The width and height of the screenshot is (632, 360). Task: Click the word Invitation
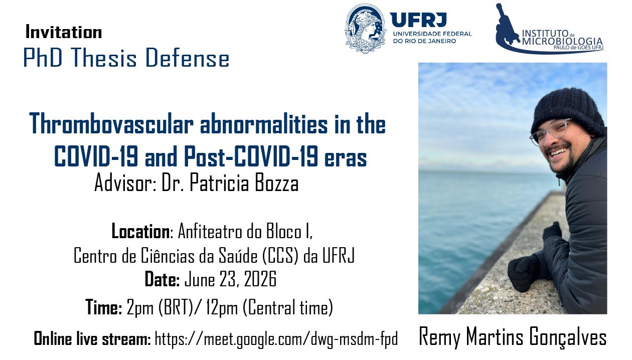pos(64,32)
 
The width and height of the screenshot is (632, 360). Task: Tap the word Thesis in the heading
pos(104,58)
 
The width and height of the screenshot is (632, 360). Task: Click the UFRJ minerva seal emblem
pos(366,28)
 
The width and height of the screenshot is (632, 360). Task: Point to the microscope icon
pos(507,25)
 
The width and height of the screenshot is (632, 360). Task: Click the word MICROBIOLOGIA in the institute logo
pos(562,41)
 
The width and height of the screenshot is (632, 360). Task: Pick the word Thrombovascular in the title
pos(111,124)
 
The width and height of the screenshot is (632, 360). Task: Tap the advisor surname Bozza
pos(277,183)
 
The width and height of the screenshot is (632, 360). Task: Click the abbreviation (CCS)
pos(280,256)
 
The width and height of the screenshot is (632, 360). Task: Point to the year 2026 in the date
pos(260,279)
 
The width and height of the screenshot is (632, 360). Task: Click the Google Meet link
pos(276,339)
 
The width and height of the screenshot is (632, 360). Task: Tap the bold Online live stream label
pos(92,338)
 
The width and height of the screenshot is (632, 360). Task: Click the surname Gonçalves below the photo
pos(568,337)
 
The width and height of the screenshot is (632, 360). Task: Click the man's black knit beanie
pos(568,112)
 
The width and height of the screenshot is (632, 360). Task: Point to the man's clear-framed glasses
pos(550,131)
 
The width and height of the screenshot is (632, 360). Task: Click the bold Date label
pos(162,279)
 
